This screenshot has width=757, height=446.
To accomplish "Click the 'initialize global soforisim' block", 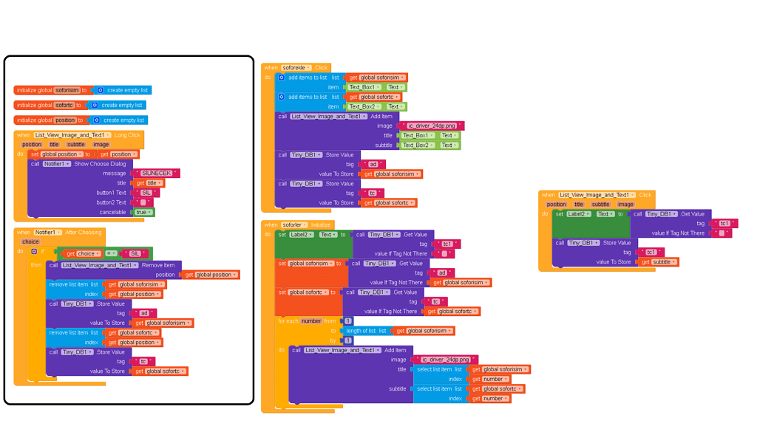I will coord(34,90).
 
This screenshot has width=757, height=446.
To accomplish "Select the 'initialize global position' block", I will coord(34,120).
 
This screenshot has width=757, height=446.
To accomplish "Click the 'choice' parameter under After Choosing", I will coord(30,241).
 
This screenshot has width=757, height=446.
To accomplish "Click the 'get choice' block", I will coord(81,253).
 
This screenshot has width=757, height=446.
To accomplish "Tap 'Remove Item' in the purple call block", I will coord(160,265).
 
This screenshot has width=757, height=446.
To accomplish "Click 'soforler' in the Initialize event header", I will coord(293,224).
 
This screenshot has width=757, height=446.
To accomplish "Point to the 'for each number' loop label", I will coord(299,321).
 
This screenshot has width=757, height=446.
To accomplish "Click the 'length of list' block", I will coord(367,331).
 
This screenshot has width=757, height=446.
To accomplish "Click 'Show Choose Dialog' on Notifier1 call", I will coord(100,164).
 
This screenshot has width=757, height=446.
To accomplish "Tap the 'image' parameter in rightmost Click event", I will coord(625,205).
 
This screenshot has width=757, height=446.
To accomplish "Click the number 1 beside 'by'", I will coord(348,340).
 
